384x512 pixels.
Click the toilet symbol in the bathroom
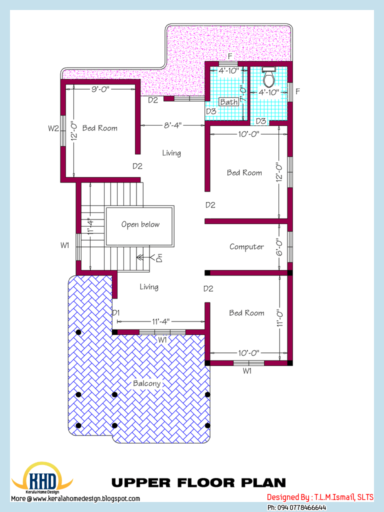269,76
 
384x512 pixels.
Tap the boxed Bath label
229,102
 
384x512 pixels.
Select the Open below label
140,224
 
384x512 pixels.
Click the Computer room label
246,247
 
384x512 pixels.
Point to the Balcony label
147,383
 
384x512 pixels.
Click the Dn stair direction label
159,257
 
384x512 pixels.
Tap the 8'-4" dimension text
172,125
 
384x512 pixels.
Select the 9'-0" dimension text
100,88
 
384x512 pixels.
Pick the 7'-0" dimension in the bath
243,93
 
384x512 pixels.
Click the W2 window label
53,128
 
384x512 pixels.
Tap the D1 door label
116,313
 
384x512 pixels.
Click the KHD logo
42,477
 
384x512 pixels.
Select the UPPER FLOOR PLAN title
199,482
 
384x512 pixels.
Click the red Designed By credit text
320,497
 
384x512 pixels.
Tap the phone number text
296,507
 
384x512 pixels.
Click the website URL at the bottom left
75,498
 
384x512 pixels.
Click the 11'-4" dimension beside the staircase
91,226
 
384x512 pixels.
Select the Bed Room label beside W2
100,128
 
